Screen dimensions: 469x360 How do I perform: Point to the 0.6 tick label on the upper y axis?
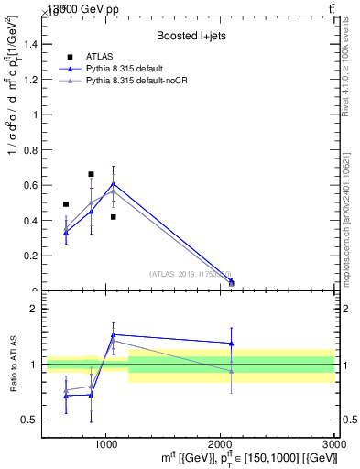27,186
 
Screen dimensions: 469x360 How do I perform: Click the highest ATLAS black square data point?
91,174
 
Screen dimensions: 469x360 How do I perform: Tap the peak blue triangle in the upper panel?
113,183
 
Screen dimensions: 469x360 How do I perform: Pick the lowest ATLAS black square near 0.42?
113,217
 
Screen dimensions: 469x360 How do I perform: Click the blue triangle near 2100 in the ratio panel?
231,344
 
